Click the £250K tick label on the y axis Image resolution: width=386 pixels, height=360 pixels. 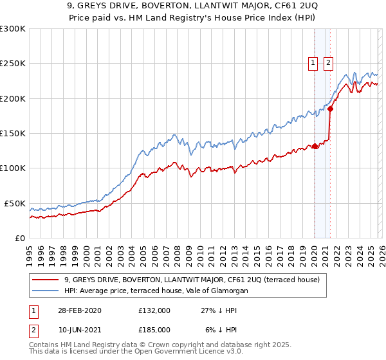[12, 64]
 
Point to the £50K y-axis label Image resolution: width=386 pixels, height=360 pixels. [14, 203]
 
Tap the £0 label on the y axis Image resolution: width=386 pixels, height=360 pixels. [20, 238]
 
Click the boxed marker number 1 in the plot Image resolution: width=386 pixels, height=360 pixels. [313, 62]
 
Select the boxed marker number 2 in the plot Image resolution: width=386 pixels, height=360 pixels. [328, 62]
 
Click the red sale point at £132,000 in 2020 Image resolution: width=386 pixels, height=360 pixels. [315, 146]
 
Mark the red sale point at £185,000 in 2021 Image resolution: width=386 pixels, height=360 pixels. [330, 109]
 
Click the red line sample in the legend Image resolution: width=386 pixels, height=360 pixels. [46, 280]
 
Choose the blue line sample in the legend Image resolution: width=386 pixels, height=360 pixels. [46, 291]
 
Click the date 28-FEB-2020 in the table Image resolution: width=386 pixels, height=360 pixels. [78, 310]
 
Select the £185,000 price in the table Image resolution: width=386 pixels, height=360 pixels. [154, 329]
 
